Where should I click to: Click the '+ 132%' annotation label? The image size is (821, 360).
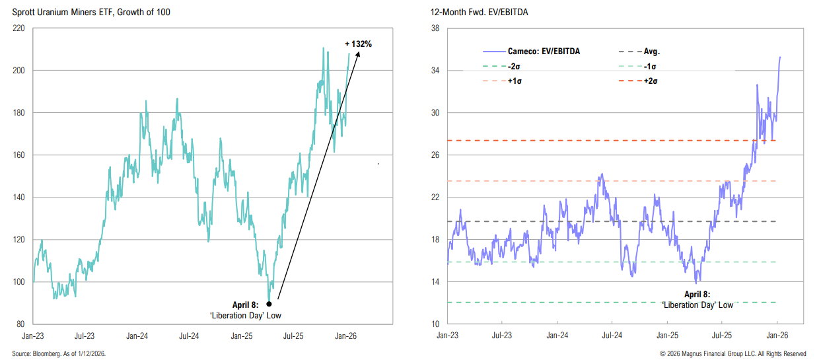click(x=359, y=44)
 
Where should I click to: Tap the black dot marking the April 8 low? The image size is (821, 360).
click(x=269, y=305)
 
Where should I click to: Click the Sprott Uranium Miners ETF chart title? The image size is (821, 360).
click(x=88, y=13)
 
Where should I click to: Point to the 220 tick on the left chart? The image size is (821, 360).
click(x=18, y=28)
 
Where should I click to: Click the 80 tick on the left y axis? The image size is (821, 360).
click(x=20, y=324)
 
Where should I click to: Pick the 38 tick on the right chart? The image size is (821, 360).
click(x=435, y=28)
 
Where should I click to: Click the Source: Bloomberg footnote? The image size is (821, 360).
click(x=59, y=354)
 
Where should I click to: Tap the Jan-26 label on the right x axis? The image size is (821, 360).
click(x=777, y=336)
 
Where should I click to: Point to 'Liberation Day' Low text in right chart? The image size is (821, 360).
click(x=697, y=305)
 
